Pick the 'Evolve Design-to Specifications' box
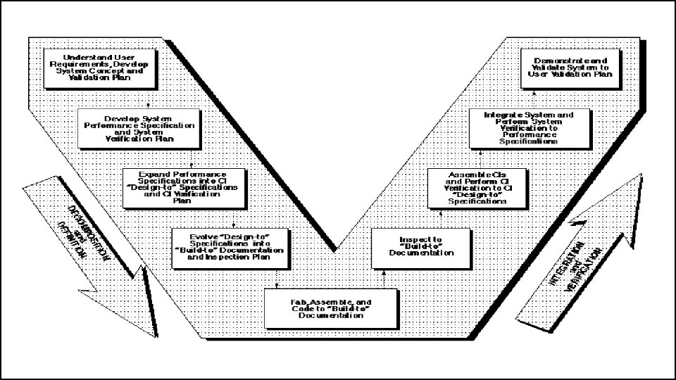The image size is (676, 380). [x=228, y=247]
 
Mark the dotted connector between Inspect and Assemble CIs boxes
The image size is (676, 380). [x=441, y=218]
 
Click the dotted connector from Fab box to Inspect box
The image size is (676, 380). [x=384, y=279]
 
